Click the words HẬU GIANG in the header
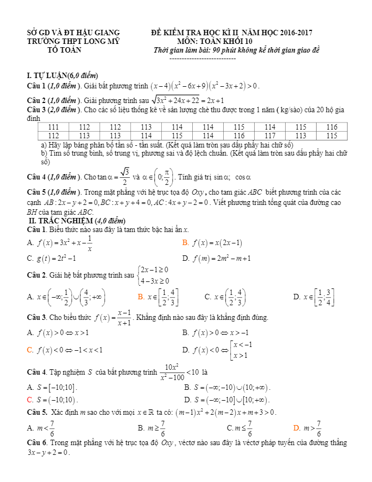102,33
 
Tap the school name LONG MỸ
99,41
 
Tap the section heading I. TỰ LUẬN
47,75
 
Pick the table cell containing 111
54,127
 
